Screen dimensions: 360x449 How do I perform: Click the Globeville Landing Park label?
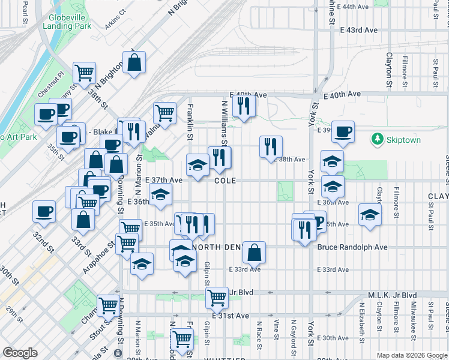tap(67, 22)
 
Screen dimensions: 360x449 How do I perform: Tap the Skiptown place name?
tap(403, 140)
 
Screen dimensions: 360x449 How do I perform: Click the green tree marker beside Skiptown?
tap(378, 140)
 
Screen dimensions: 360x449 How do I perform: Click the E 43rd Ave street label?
tap(362, 30)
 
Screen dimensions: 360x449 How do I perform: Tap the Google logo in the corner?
tap(19, 353)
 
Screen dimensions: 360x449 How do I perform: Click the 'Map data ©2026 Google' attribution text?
tap(412, 355)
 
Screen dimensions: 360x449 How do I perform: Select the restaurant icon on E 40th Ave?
tap(243, 106)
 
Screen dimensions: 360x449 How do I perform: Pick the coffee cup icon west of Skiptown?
tap(343, 132)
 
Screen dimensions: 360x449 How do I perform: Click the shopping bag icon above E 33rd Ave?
tap(255, 253)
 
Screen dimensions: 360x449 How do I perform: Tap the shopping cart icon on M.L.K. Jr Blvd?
tap(217, 297)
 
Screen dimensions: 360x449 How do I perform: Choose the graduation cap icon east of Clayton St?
tap(370, 214)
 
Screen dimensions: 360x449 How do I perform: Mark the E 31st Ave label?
tap(230, 316)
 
